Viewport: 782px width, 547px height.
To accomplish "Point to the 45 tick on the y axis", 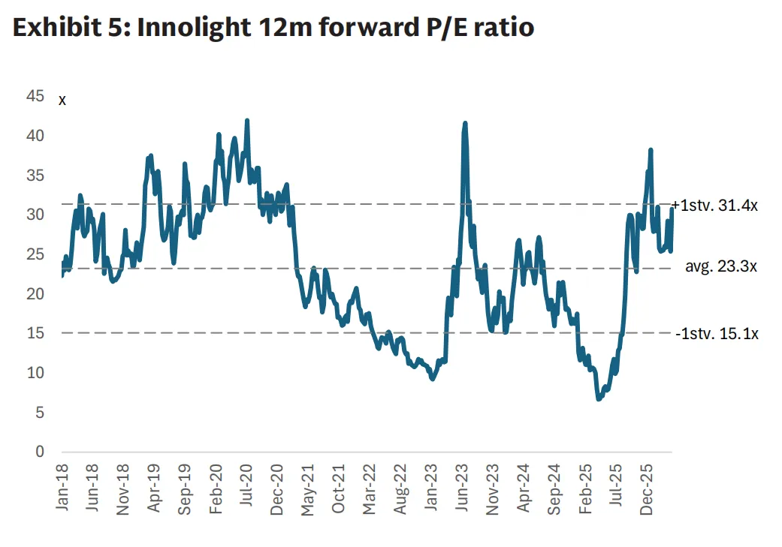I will point(35,96).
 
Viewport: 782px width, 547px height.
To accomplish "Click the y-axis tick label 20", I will point(35,293).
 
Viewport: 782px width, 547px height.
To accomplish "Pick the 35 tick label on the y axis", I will point(35,175).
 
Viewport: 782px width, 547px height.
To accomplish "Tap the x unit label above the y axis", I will point(62,100).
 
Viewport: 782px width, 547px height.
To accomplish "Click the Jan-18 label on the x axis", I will point(63,488).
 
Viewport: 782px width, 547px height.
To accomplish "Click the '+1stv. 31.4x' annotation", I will point(715,205).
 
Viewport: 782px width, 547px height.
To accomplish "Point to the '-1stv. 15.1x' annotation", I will point(717,334).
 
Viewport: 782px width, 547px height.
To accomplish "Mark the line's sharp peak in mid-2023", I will point(465,123).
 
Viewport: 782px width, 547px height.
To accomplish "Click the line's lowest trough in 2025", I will point(599,398).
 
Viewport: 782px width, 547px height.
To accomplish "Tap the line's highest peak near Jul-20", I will point(247,120).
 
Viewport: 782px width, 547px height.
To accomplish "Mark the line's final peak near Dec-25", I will point(651,150).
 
